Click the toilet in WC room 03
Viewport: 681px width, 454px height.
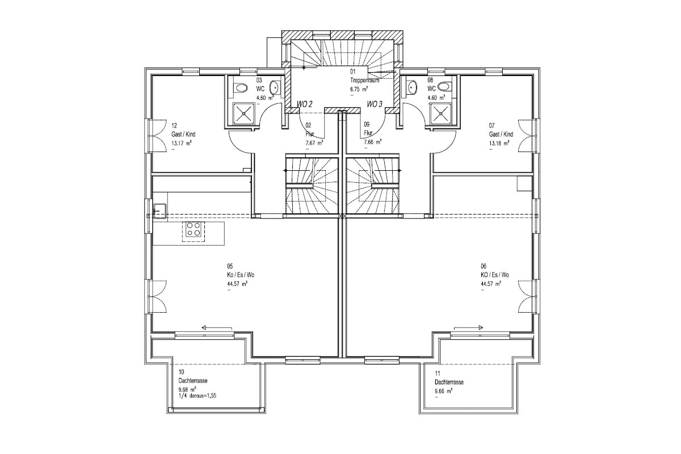click(241, 88)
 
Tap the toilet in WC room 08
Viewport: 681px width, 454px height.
click(444, 87)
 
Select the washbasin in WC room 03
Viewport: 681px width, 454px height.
click(275, 87)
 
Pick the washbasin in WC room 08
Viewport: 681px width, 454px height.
click(411, 87)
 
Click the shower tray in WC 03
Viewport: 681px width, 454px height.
click(244, 113)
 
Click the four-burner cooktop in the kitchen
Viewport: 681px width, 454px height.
click(194, 229)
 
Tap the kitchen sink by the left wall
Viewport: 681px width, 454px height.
click(160, 211)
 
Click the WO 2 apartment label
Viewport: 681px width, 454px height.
click(304, 104)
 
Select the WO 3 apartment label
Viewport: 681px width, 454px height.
click(374, 104)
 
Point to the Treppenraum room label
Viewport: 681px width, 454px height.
click(364, 80)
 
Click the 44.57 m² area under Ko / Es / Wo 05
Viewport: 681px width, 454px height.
click(236, 284)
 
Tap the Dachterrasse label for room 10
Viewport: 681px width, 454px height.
click(193, 381)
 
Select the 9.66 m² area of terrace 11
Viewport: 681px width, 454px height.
click(444, 392)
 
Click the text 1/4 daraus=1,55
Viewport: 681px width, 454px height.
click(197, 396)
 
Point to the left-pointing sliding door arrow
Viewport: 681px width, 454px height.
click(217, 328)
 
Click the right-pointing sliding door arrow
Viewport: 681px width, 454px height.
click(469, 328)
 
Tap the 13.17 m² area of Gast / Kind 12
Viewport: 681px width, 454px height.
click(182, 143)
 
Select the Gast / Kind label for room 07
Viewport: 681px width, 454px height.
click(501, 134)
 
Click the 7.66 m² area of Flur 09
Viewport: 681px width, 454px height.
click(373, 142)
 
